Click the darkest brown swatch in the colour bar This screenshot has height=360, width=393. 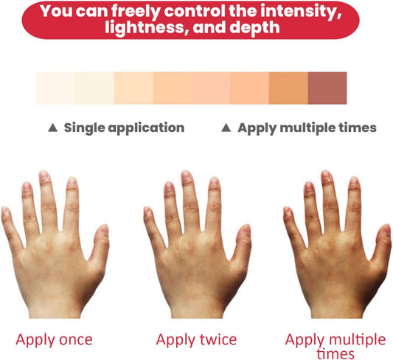coord(327,88)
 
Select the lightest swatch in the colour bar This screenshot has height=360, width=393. coord(56,88)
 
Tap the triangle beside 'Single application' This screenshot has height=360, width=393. coord(53,128)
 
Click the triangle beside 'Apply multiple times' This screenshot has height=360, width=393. coord(226,128)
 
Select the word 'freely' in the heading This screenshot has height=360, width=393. coord(136,12)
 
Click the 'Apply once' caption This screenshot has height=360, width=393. coord(54,340)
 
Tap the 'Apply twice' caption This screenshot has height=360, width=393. coord(196,340)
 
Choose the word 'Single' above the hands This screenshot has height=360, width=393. coord(84,128)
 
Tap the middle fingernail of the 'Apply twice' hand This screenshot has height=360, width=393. coord(187,176)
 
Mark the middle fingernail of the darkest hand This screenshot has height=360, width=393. coord(326,176)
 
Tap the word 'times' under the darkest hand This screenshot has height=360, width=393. coord(335,354)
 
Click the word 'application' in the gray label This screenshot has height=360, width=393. coord(147,128)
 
